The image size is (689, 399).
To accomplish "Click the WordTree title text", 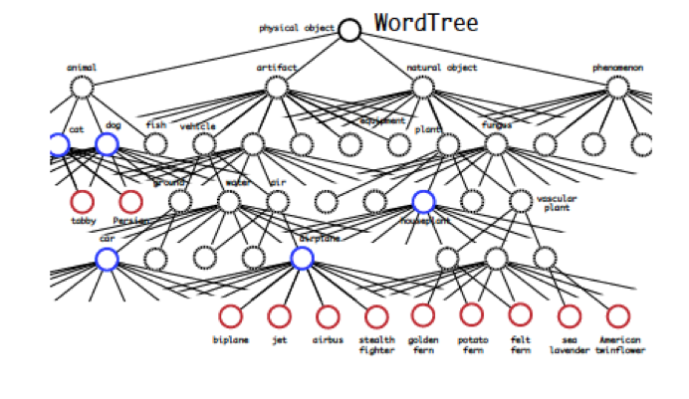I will point(425,23).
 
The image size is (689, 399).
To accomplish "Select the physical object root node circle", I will point(349,30).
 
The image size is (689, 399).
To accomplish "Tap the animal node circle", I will point(82,88).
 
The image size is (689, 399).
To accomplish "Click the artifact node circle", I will point(277,88).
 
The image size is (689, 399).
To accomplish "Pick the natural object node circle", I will point(423,88).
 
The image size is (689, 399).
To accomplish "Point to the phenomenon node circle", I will point(618,88).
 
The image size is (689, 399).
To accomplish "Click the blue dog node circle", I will point(108,144).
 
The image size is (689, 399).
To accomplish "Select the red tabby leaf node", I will point(83,202).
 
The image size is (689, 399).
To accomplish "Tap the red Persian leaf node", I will point(130,202).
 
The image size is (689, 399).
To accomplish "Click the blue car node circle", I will point(108,259).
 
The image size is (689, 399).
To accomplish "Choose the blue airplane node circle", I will point(303,259).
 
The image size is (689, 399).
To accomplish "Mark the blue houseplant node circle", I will point(423,202).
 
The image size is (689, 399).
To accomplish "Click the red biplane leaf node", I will point(230,316).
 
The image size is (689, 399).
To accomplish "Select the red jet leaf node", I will point(279,316).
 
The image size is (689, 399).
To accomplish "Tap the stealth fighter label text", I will point(376,345).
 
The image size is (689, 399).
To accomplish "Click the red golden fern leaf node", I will point(423,315).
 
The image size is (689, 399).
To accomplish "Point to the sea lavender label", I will point(570,345).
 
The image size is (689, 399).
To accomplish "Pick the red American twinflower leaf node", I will point(618,316).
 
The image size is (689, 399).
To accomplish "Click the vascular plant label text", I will point(557,203).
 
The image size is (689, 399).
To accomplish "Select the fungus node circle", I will point(496,144).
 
